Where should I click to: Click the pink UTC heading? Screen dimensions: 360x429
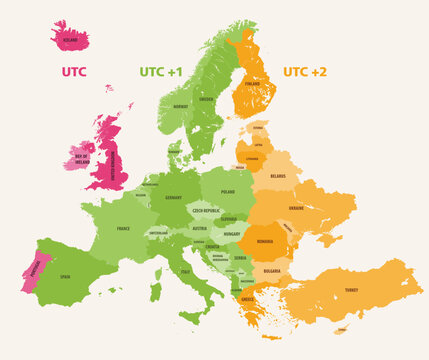click(x=73, y=72)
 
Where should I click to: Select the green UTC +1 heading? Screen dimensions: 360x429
click(x=160, y=72)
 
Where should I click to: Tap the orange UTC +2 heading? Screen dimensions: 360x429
click(x=304, y=72)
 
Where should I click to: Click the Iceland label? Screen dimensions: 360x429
click(x=70, y=40)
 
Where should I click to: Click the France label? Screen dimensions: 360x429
click(x=123, y=228)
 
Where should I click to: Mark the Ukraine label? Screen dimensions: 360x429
click(x=296, y=208)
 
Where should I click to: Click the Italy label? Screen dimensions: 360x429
click(x=186, y=270)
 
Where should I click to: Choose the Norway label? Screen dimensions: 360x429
click(x=180, y=105)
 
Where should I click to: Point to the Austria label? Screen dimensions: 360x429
click(x=200, y=228)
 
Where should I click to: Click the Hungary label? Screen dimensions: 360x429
click(x=232, y=233)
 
